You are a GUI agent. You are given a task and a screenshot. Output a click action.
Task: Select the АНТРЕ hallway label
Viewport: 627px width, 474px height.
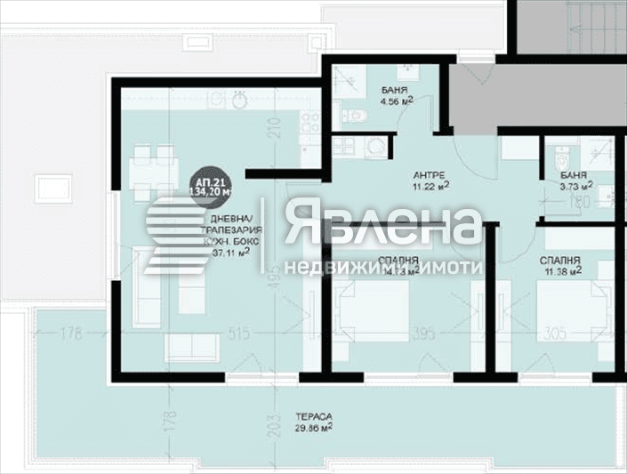coord(429,174)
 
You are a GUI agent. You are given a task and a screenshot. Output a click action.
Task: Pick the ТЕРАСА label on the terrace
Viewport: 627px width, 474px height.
coord(315,415)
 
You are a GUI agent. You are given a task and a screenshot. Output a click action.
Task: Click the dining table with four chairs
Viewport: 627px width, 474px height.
coord(151,169)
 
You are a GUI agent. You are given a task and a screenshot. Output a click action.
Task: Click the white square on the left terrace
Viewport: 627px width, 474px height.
coord(52,188)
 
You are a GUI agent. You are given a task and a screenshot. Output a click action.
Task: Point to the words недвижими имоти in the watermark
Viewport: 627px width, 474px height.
coord(383,266)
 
